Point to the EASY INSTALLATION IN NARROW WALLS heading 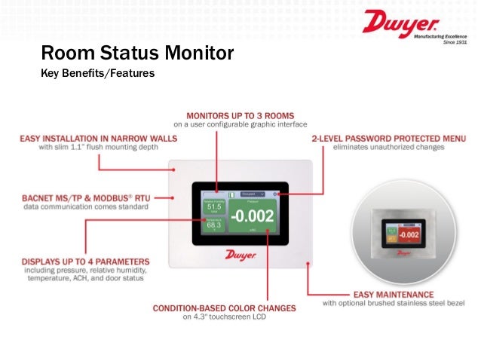pos(98,138)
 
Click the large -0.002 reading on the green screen pos(253,216)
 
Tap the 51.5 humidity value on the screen pos(214,207)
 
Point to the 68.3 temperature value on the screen pos(214,225)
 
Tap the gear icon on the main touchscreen pos(277,194)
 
